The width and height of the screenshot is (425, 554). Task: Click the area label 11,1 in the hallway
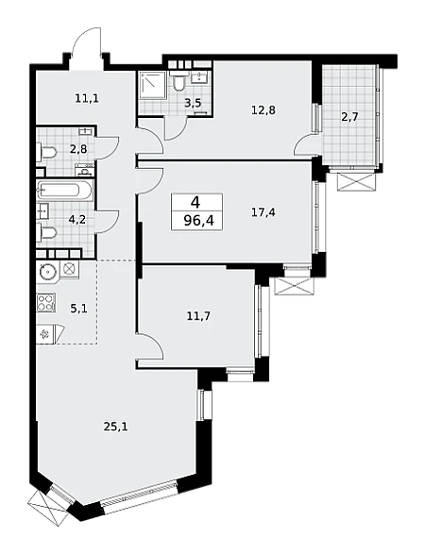(87, 98)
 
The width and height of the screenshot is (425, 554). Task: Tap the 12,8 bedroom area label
(263, 110)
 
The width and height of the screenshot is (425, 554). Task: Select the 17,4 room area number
(263, 212)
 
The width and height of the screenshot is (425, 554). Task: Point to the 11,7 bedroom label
(198, 315)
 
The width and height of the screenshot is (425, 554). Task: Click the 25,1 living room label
(115, 428)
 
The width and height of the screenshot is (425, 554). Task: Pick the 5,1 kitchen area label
(78, 309)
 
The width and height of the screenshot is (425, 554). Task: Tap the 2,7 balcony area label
(350, 117)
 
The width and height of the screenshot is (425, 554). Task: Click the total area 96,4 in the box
(198, 222)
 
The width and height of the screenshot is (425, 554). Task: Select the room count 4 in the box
(195, 203)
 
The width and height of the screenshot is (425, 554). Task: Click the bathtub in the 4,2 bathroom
(65, 191)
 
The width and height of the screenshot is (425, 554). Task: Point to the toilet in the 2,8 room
(46, 153)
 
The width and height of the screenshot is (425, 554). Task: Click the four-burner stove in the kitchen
(46, 303)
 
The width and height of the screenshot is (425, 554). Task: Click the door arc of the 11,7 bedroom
(154, 344)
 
